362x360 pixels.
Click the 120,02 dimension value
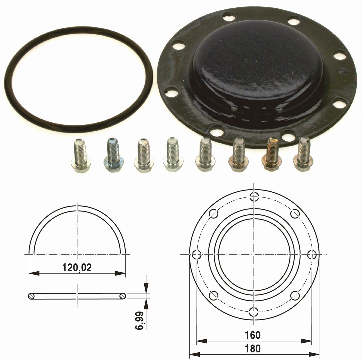(77, 268)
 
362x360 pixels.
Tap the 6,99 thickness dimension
(140, 321)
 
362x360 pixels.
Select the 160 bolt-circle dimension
(253, 335)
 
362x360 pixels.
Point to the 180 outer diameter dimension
(253, 348)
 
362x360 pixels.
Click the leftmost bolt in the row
(80, 155)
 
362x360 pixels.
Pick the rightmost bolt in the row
(303, 154)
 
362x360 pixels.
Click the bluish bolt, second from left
(113, 155)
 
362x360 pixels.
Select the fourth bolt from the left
(173, 155)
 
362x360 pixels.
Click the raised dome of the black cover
(258, 67)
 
